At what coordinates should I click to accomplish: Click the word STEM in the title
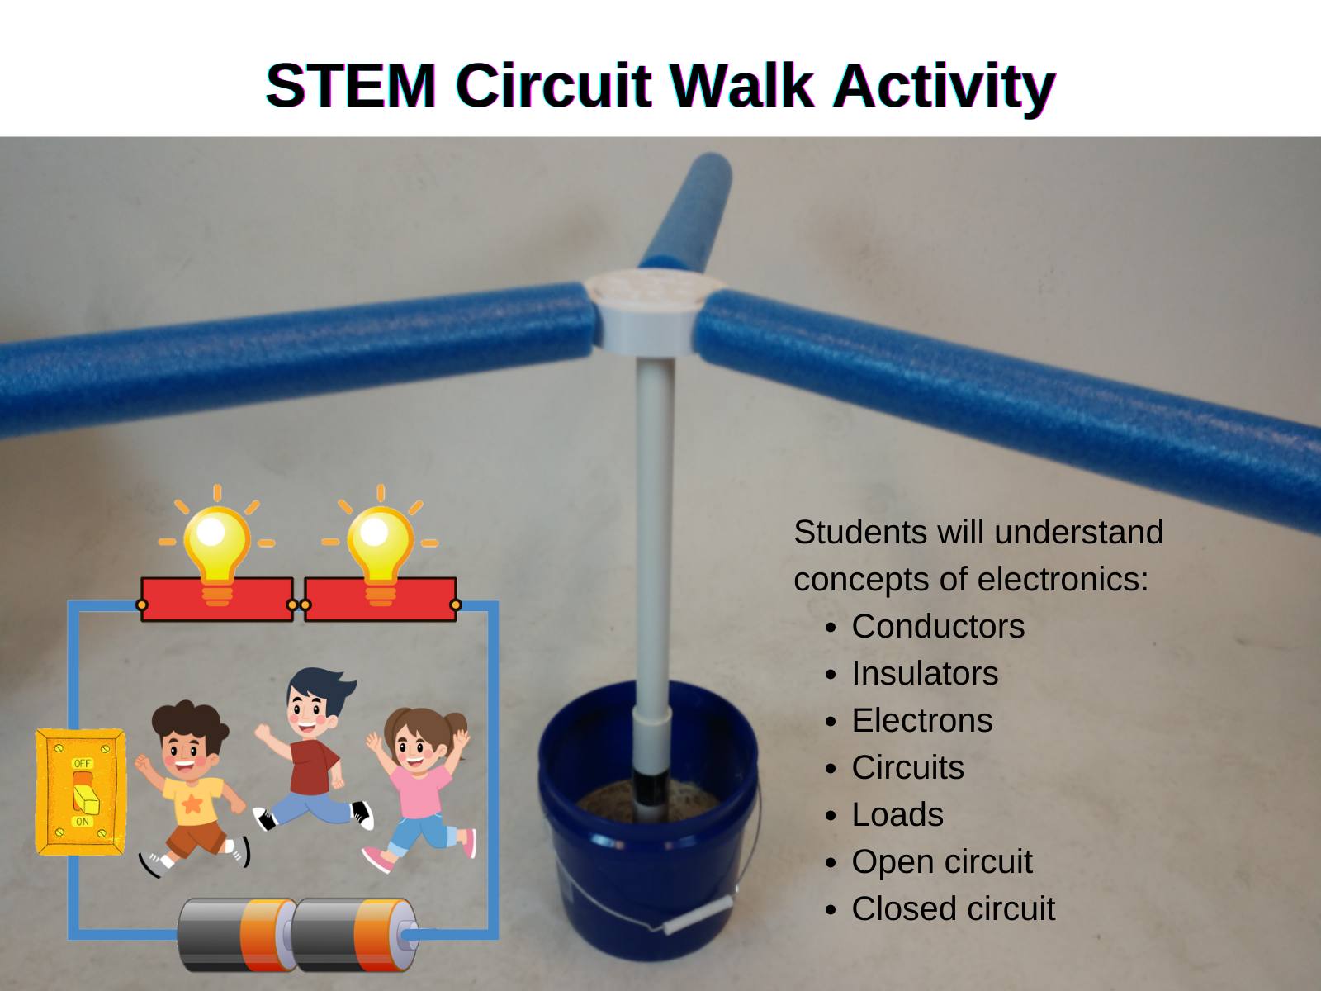click(x=351, y=85)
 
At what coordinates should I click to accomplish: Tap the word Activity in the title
click(x=945, y=88)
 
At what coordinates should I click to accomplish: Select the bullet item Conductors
click(x=938, y=626)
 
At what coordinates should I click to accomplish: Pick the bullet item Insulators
click(x=925, y=673)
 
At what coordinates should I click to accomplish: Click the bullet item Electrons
click(x=922, y=720)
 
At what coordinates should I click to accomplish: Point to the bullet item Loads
click(x=897, y=815)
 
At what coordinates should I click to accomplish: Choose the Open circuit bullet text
click(x=942, y=862)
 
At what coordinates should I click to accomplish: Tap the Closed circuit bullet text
click(x=954, y=908)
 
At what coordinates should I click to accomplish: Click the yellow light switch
click(x=81, y=791)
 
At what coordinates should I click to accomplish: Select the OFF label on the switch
click(x=83, y=763)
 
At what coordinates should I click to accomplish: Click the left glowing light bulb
click(x=216, y=544)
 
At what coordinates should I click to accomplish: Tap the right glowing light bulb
click(x=381, y=544)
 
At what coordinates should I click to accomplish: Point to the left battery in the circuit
click(x=237, y=935)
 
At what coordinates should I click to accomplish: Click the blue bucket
click(x=649, y=824)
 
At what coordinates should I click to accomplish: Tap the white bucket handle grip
click(x=699, y=914)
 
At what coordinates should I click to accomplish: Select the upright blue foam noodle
click(x=687, y=211)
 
